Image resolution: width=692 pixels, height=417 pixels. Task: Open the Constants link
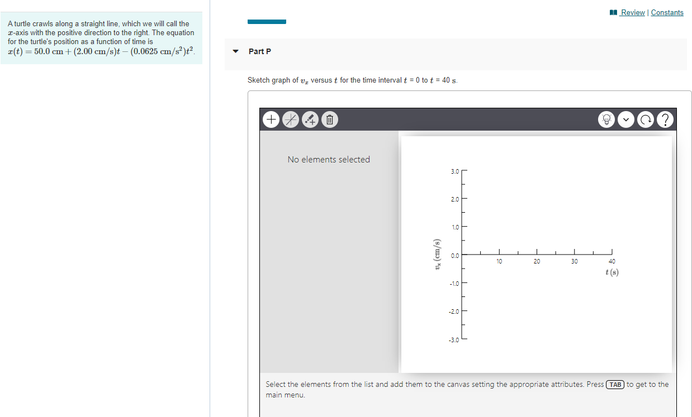pyautogui.click(x=667, y=12)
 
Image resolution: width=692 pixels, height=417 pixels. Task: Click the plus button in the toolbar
pyautogui.click(x=271, y=119)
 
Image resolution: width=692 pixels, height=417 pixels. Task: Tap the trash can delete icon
pyautogui.click(x=329, y=119)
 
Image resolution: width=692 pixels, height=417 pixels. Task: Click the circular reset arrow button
pyautogui.click(x=645, y=119)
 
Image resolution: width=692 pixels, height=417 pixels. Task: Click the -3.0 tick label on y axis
pyautogui.click(x=454, y=339)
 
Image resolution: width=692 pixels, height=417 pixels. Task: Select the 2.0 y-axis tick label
pyautogui.click(x=454, y=199)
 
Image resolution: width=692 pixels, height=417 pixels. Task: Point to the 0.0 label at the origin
pyautogui.click(x=454, y=256)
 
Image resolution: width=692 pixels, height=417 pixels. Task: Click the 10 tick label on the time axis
pyautogui.click(x=499, y=261)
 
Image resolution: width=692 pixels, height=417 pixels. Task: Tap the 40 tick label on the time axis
pyautogui.click(x=612, y=261)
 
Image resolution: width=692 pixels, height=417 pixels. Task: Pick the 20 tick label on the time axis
pyautogui.click(x=537, y=261)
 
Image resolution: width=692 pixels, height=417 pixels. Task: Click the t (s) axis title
pyautogui.click(x=612, y=272)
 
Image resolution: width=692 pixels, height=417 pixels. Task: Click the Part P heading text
pyautogui.click(x=260, y=51)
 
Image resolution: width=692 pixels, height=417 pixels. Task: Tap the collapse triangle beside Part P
pyautogui.click(x=235, y=51)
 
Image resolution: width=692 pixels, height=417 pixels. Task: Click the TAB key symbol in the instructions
pyautogui.click(x=615, y=385)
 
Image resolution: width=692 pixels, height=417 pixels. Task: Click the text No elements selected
pyautogui.click(x=329, y=160)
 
